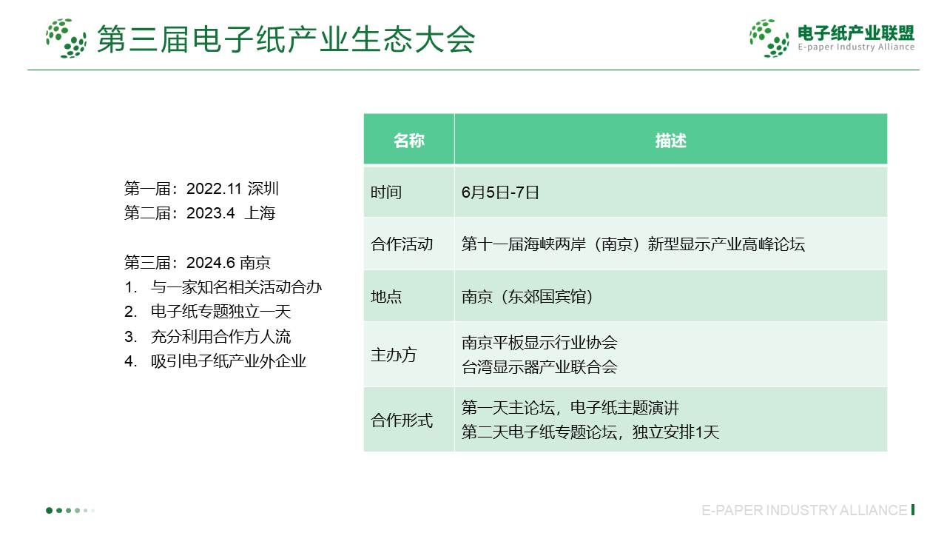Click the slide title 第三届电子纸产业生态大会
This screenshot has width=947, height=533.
[286, 39]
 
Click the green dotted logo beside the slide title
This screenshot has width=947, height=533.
[67, 38]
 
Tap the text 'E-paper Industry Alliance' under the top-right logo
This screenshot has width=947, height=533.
[856, 47]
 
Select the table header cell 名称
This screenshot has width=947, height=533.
[409, 141]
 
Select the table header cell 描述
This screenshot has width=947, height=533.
[671, 141]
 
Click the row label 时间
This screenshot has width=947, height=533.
[386, 192]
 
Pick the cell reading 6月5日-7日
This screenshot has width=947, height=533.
[500, 192]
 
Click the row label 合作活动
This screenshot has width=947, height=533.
[402, 244]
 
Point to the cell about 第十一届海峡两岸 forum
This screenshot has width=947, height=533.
[633, 244]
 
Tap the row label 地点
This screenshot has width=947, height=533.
[386, 297]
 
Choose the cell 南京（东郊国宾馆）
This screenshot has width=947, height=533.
[528, 297]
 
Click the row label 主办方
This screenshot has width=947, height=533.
[394, 355]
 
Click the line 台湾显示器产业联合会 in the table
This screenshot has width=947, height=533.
[539, 367]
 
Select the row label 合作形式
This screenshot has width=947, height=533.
[402, 420]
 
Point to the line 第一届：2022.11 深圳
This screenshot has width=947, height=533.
[201, 189]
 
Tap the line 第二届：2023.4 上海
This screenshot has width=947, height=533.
[200, 213]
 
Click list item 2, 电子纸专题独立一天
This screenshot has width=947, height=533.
[208, 312]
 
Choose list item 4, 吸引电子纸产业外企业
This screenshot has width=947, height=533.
[215, 361]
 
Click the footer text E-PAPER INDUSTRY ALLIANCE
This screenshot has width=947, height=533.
[804, 510]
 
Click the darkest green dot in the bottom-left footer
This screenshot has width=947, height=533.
[49, 511]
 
